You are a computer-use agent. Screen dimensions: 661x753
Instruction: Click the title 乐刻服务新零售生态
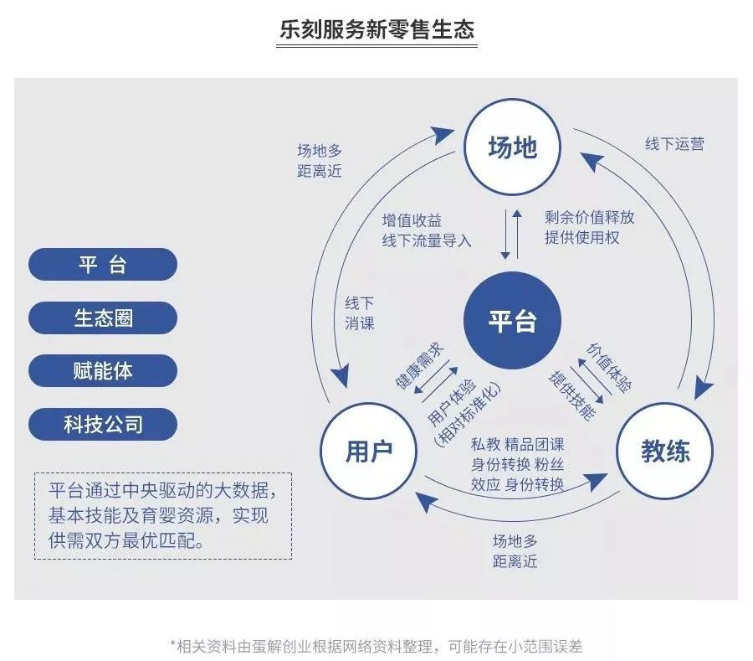pyautogui.click(x=376, y=30)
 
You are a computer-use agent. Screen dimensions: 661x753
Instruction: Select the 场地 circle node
pyautogui.click(x=512, y=148)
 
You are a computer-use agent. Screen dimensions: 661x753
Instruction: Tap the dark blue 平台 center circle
pyautogui.click(x=512, y=321)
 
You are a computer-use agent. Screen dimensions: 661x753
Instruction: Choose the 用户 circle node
pyautogui.click(x=369, y=452)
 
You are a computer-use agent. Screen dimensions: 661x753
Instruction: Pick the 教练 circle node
pyautogui.click(x=665, y=452)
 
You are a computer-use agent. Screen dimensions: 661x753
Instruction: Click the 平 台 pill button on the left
pyautogui.click(x=103, y=264)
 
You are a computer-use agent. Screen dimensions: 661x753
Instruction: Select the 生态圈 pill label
pyautogui.click(x=103, y=318)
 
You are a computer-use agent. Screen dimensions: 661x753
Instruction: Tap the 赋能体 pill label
pyautogui.click(x=103, y=371)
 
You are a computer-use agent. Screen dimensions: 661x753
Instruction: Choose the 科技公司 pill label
pyautogui.click(x=103, y=424)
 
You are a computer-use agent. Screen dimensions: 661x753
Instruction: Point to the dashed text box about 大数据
pyautogui.click(x=163, y=515)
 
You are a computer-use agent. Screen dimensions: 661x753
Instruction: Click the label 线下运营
pyautogui.click(x=674, y=143)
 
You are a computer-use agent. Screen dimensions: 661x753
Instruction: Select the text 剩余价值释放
pyautogui.click(x=589, y=217)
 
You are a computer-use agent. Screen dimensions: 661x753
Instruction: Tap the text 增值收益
pyautogui.click(x=412, y=220)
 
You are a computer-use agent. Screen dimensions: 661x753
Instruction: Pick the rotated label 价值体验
pyautogui.click(x=609, y=366)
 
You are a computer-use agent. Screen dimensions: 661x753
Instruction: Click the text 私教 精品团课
pyautogui.click(x=517, y=444)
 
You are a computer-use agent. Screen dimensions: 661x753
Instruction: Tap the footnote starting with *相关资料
pyautogui.click(x=376, y=645)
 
